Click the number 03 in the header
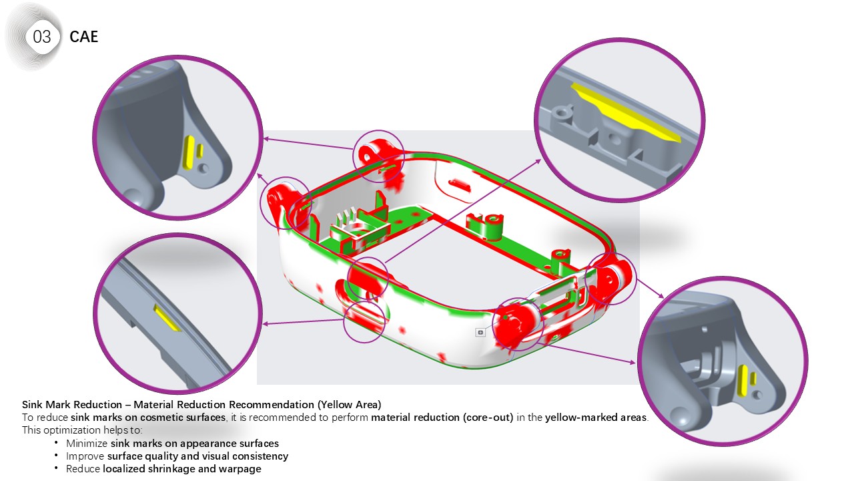[x=42, y=37]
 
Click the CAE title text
[x=84, y=37]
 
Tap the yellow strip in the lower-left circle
[x=167, y=318]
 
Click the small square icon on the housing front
[x=480, y=332]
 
